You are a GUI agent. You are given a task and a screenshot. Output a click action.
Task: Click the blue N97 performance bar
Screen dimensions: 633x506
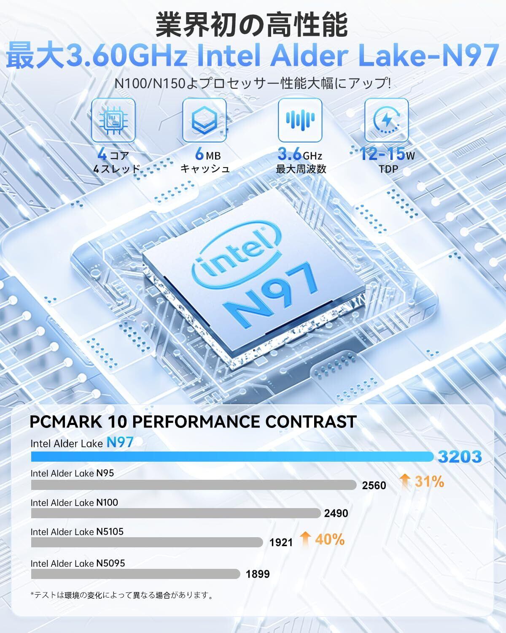(232, 457)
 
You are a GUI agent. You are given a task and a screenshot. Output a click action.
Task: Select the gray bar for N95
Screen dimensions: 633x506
(194, 485)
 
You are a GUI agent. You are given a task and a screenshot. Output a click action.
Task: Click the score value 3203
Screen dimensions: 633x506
(460, 457)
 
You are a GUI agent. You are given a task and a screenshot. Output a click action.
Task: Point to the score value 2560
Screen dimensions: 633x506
(374, 485)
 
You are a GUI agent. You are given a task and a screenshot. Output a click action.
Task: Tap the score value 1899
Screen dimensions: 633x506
(258, 574)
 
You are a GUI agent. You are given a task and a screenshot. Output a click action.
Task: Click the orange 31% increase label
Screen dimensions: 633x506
(422, 481)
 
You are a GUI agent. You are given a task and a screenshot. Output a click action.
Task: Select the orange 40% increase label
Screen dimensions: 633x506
(323, 539)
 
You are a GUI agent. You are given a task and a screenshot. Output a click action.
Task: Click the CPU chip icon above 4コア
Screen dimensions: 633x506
(113, 120)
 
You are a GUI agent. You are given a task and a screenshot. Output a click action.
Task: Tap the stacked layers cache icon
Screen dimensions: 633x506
(205, 120)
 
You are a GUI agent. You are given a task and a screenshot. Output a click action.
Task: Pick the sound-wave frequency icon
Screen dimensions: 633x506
(300, 120)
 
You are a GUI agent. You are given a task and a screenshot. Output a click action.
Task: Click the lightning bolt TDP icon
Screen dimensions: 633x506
(386, 120)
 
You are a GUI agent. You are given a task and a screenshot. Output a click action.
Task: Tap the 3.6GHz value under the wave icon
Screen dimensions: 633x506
(300, 155)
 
